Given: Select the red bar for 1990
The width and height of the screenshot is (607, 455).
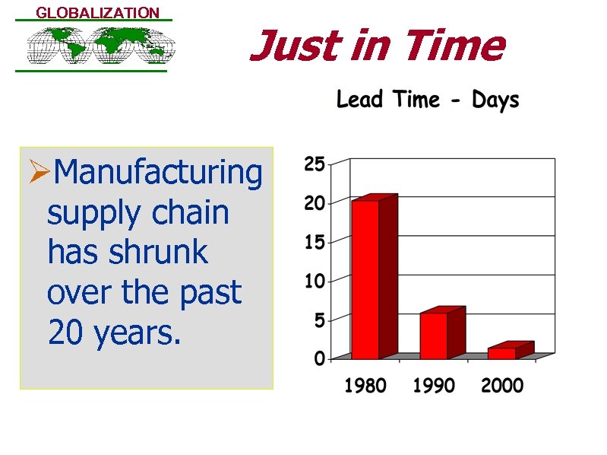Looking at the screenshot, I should click(x=434, y=335).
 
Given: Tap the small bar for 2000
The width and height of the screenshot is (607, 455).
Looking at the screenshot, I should click(x=502, y=352).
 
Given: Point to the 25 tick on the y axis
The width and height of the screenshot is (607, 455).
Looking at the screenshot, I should click(x=315, y=164).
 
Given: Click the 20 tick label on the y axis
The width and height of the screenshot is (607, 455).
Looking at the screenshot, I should click(x=315, y=203).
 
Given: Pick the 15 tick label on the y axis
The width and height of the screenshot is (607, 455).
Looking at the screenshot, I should click(x=315, y=243).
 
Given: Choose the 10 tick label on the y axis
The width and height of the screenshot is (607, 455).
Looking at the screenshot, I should click(x=315, y=282).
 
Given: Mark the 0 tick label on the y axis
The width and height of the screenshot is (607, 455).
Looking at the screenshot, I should click(x=320, y=358).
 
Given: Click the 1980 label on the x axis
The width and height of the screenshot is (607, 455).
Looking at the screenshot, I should click(x=365, y=386).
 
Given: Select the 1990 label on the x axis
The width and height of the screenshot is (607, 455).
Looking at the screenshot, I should click(x=434, y=386).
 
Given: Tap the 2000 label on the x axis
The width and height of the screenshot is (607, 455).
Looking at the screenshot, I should click(x=502, y=386).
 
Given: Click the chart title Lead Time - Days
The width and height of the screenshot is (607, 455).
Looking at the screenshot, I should click(x=428, y=100).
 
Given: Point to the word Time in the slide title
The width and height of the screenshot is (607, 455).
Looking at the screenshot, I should click(x=454, y=46).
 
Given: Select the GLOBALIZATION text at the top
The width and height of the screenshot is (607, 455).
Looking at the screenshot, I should click(x=98, y=13).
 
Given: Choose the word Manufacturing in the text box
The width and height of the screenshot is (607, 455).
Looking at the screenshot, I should click(x=159, y=173).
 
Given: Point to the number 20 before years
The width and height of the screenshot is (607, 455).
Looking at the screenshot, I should click(x=66, y=332).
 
